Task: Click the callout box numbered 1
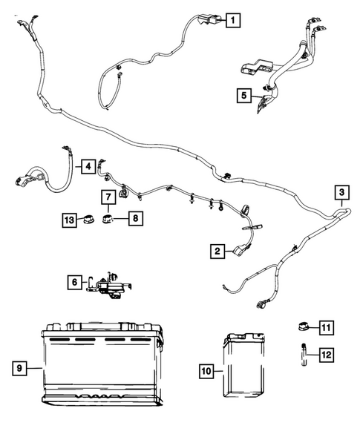point(233,21)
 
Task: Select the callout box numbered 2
point(217,252)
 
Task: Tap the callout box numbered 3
point(340,193)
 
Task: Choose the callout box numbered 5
point(242,95)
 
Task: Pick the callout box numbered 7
point(108,197)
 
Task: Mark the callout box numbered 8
point(137,218)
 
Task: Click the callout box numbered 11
point(327,326)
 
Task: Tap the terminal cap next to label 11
point(302,327)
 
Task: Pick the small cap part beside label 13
point(90,220)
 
